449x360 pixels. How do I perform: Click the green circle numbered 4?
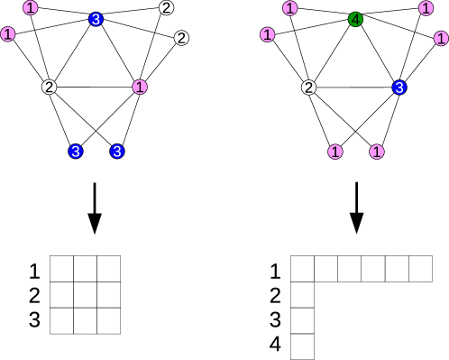pyautogui.click(x=355, y=19)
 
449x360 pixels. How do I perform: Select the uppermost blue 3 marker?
pyautogui.click(x=96, y=19)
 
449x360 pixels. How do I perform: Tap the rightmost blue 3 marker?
pyautogui.click(x=399, y=88)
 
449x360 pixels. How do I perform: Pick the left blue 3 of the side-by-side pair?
pyautogui.click(x=76, y=152)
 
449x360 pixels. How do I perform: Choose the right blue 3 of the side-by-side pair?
pyautogui.click(x=117, y=152)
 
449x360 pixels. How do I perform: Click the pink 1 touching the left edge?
pyautogui.click(x=8, y=34)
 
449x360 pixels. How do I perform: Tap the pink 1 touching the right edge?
pyautogui.click(x=441, y=39)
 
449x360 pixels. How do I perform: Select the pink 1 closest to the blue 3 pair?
pyautogui.click(x=140, y=88)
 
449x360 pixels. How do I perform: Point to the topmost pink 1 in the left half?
pyautogui.click(x=31, y=8)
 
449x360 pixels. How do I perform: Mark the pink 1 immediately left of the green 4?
pyautogui.click(x=290, y=8)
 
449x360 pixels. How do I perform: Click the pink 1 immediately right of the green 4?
pyautogui.click(x=426, y=8)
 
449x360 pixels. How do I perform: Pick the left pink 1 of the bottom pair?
pyautogui.click(x=335, y=152)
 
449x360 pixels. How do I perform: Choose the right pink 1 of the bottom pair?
pyautogui.click(x=377, y=152)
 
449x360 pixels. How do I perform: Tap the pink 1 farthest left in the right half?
pyautogui.click(x=268, y=34)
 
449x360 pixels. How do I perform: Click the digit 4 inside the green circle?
pyautogui.click(x=355, y=19)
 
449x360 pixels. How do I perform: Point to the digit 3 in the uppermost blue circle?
pyautogui.click(x=96, y=19)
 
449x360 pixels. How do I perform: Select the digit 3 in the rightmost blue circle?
pyautogui.click(x=399, y=88)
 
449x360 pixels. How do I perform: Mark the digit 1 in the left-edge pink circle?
pyautogui.click(x=8, y=34)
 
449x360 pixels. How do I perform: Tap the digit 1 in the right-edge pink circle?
pyautogui.click(x=441, y=39)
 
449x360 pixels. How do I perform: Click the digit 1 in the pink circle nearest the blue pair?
pyautogui.click(x=140, y=88)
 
